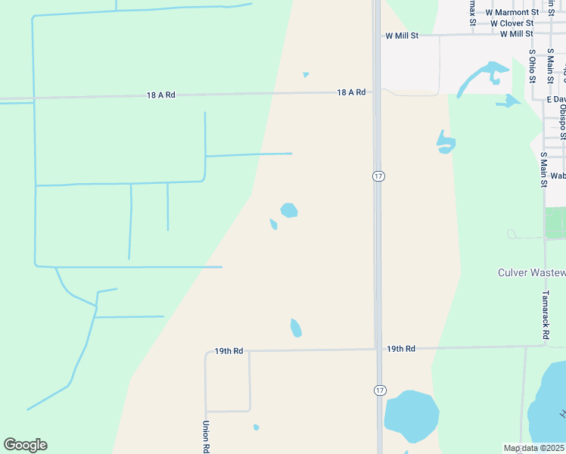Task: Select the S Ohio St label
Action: pyautogui.click(x=533, y=61)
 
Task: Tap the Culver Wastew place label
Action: pyautogui.click(x=531, y=272)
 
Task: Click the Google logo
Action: pyautogui.click(x=25, y=445)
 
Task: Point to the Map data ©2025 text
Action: pyautogui.click(x=534, y=448)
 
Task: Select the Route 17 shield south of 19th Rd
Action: pyautogui.click(x=378, y=389)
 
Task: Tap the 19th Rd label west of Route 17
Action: pyautogui.click(x=229, y=351)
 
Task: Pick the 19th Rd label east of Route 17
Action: pyautogui.click(x=401, y=349)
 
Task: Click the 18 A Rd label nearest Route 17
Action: pyautogui.click(x=351, y=92)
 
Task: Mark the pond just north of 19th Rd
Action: pyautogui.click(x=296, y=328)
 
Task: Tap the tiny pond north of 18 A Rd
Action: pyautogui.click(x=306, y=75)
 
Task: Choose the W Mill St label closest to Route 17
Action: pyautogui.click(x=401, y=36)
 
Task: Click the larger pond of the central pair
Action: pyautogui.click(x=288, y=210)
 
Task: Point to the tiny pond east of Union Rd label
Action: pyautogui.click(x=256, y=428)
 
